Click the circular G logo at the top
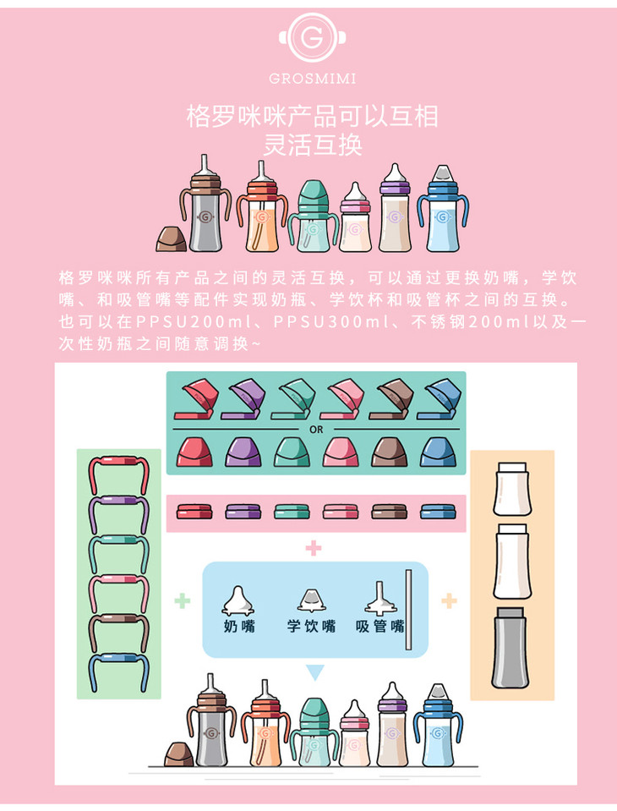click(x=312, y=38)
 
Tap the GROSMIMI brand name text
click(x=312, y=79)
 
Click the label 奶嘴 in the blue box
click(x=239, y=626)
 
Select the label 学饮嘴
click(x=312, y=626)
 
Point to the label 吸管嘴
click(x=379, y=626)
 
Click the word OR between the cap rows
click(x=316, y=430)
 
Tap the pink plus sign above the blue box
click(x=314, y=548)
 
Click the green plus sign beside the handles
click(x=182, y=601)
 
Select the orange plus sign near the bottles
click(x=449, y=601)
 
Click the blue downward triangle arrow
click(x=314, y=671)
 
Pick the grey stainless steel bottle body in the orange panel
click(x=511, y=648)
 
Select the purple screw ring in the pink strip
click(x=243, y=512)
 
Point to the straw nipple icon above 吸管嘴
click(x=381, y=599)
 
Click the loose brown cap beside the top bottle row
click(x=172, y=239)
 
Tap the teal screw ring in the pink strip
click(x=292, y=512)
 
